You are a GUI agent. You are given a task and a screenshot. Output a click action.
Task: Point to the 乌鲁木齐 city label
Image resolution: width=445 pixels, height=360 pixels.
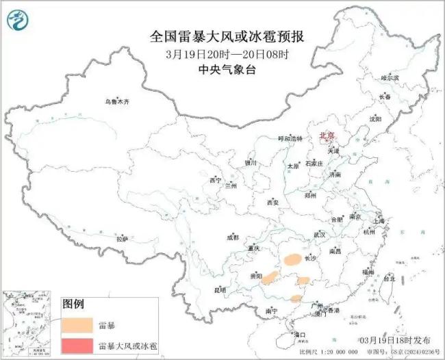tap(116, 101)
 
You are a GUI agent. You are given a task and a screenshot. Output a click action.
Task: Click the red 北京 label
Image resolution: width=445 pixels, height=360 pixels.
tap(328, 136)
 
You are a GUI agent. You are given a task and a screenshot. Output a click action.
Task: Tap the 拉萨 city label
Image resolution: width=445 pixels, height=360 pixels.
tap(122, 239)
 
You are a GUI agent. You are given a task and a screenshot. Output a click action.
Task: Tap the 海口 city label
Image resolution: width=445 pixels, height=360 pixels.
tap(299, 335)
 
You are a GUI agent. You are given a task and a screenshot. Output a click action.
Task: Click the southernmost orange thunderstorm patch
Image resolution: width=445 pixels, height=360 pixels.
tap(296, 298)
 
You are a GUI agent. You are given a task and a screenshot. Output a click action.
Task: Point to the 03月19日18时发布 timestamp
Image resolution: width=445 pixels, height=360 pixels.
tap(395, 340)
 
